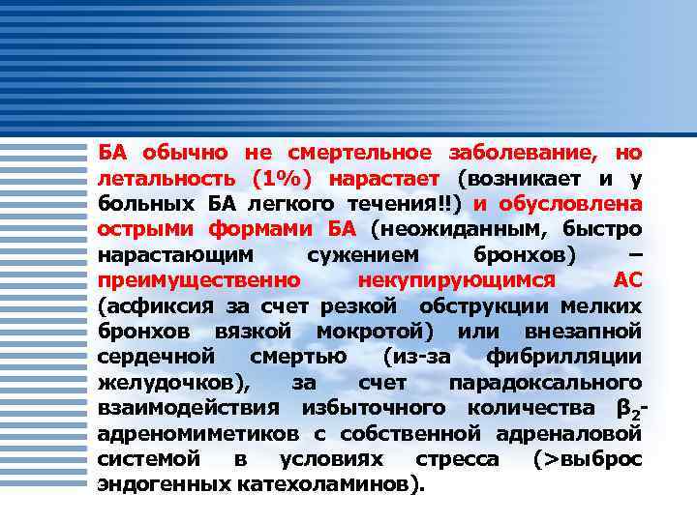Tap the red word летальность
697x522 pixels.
[x=165, y=178]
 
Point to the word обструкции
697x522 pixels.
[x=484, y=305]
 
